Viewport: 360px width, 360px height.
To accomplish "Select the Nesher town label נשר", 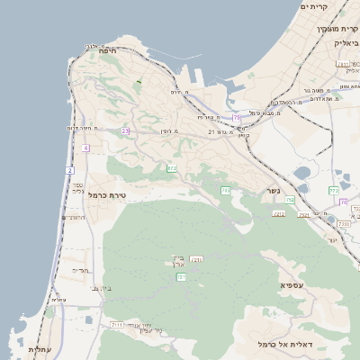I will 272,191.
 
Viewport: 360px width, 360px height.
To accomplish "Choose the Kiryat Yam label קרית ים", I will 316,7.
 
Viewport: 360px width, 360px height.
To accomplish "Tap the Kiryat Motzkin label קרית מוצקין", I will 337,28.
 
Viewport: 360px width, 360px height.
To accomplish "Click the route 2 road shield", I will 69,170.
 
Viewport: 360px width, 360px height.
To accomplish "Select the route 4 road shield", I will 85,148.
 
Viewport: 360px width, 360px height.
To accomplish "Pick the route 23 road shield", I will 125,131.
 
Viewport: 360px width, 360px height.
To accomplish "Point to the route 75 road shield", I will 237,117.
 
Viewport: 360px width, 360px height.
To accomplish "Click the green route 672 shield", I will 171,168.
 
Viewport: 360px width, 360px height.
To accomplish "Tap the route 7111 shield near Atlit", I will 117,324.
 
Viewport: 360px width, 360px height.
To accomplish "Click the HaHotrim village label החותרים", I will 75,217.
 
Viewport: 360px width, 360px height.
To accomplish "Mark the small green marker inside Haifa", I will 139,82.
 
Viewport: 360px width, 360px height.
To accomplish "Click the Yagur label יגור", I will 332,240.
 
